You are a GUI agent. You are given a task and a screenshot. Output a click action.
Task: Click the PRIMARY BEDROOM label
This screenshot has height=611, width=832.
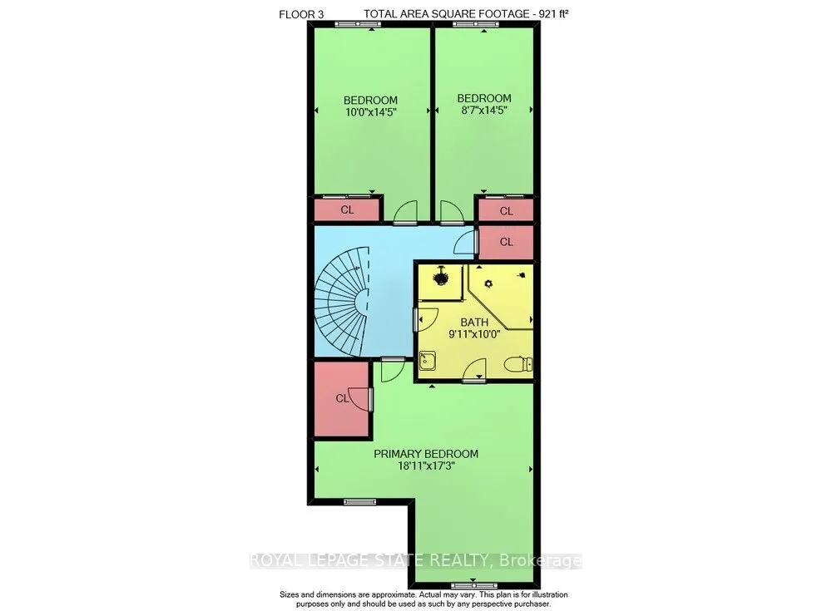pos(425,453)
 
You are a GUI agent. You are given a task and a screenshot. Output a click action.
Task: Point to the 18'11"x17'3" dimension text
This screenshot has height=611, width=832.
pos(425,467)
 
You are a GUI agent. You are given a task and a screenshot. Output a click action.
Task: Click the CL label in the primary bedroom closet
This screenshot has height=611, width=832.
pos(341,398)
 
